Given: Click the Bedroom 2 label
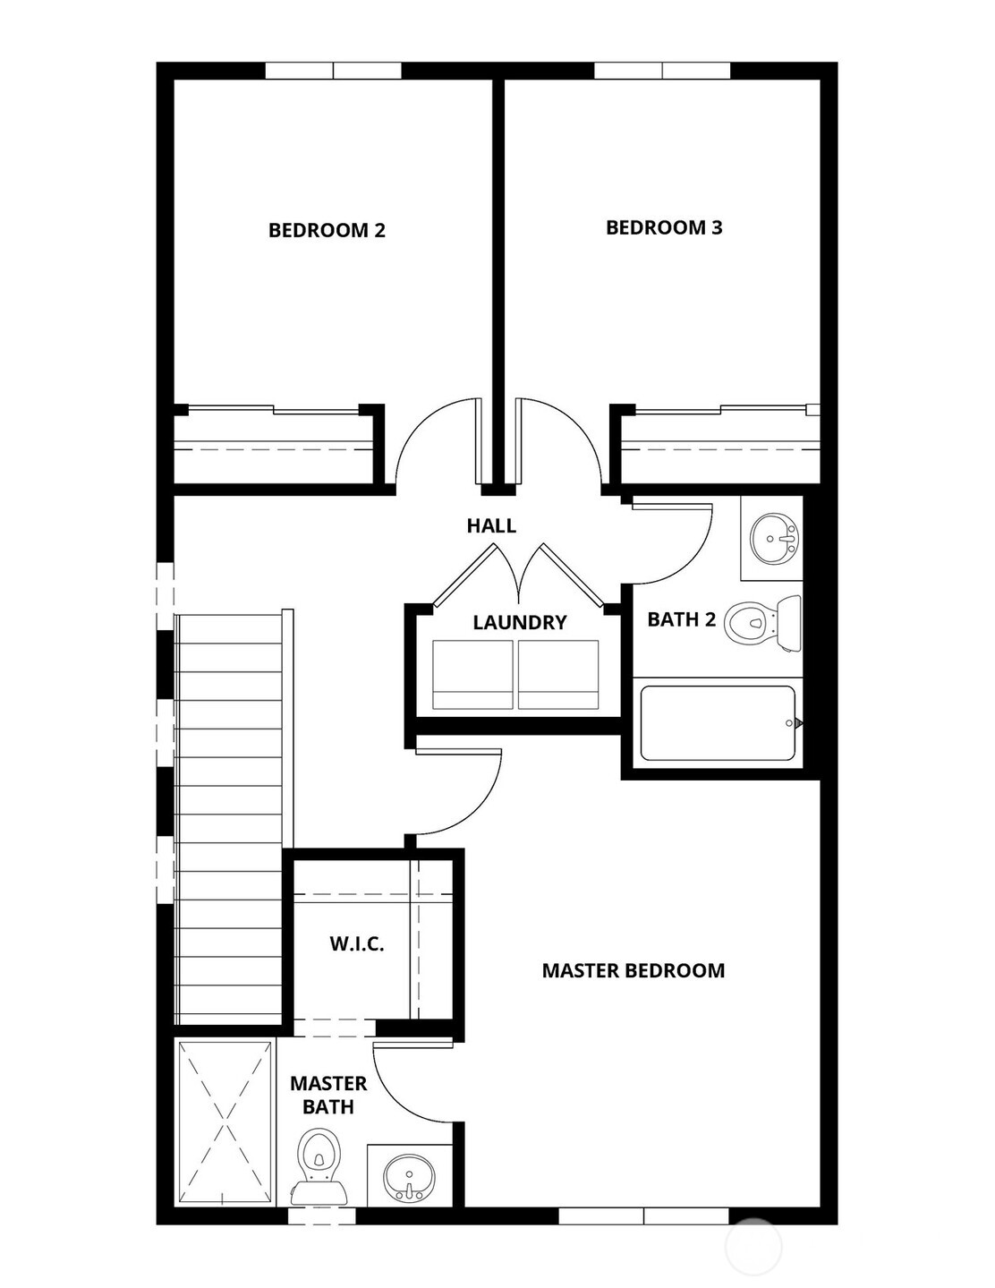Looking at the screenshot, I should click(x=327, y=230).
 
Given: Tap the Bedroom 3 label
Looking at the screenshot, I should click(x=664, y=227).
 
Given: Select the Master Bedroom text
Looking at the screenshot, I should click(x=634, y=970).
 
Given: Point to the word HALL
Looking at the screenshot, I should click(x=491, y=525).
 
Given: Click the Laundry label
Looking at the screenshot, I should click(x=520, y=622).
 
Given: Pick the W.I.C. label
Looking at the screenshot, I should click(x=357, y=943).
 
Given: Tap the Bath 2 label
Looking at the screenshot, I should click(x=681, y=619).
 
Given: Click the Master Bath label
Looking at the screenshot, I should click(x=328, y=1095).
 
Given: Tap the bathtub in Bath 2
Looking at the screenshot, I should click(x=718, y=723).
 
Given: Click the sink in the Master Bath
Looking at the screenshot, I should click(x=410, y=1173).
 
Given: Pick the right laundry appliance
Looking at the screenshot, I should click(x=558, y=675).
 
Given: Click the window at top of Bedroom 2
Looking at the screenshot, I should click(x=334, y=71).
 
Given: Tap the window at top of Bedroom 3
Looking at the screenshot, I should click(x=662, y=71).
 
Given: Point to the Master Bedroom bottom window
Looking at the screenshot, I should click(x=644, y=1215).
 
